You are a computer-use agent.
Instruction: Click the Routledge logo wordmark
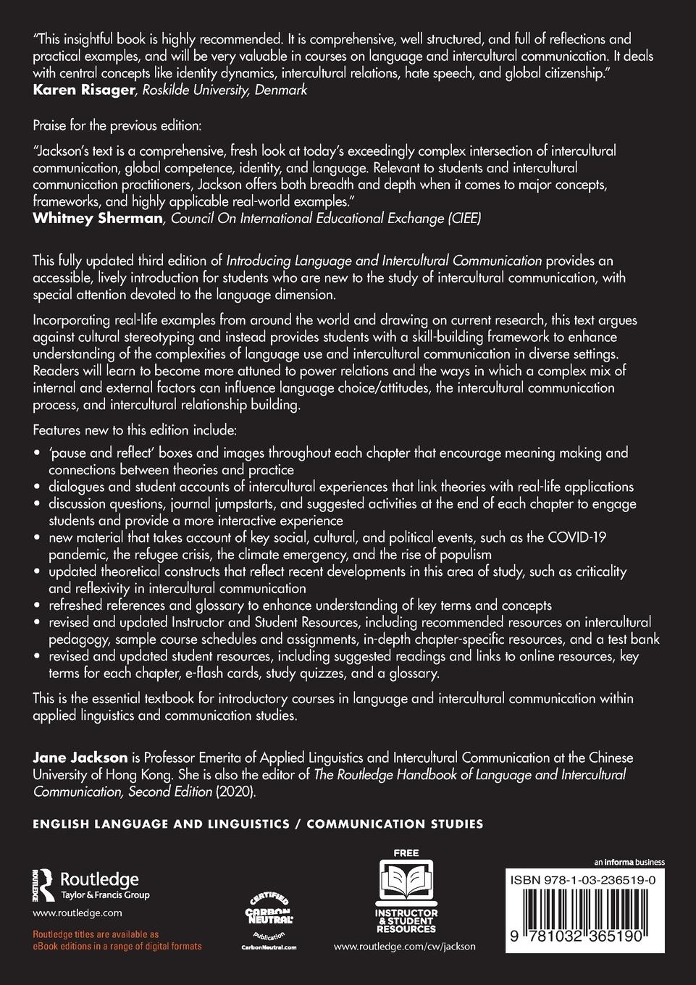pyautogui.click(x=98, y=879)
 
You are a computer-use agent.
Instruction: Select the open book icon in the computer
pyautogui.click(x=406, y=882)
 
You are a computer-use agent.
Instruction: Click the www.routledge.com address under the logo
pyautogui.click(x=77, y=913)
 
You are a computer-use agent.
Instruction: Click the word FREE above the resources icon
pyautogui.click(x=406, y=853)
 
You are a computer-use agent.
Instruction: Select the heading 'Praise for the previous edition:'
pyautogui.click(x=117, y=126)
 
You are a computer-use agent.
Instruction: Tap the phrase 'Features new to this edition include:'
pyautogui.click(x=135, y=430)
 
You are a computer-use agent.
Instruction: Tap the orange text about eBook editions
pyautogui.click(x=117, y=941)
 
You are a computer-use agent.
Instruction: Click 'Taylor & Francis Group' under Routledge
pyautogui.click(x=104, y=895)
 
